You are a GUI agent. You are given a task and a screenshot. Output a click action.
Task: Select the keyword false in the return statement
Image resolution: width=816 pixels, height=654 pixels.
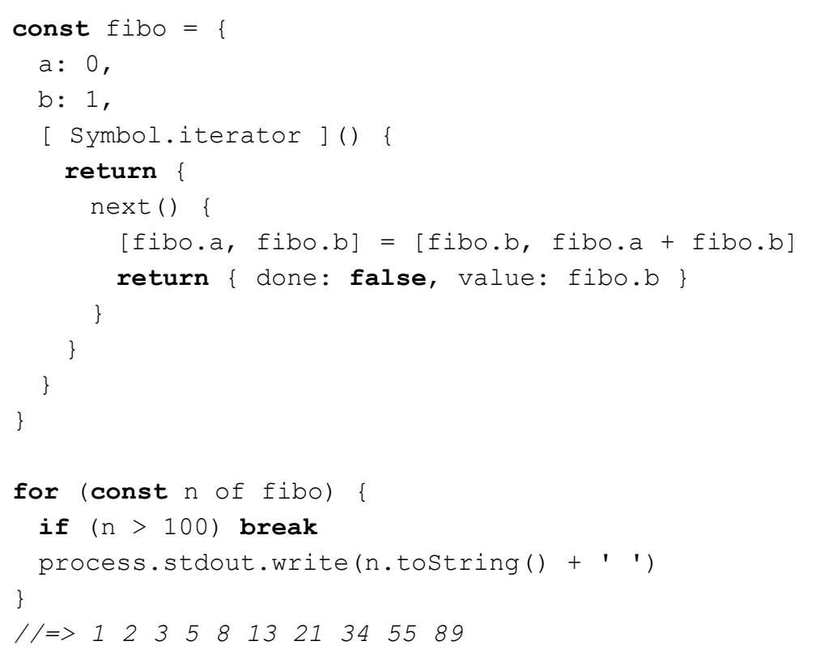[387, 278]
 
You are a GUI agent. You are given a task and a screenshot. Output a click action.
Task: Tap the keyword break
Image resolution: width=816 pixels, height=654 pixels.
[278, 528]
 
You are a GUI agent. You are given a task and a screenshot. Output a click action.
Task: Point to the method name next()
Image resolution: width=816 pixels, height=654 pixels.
[133, 207]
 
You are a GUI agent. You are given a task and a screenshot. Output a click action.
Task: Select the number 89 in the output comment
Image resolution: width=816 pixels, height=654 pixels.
[448, 634]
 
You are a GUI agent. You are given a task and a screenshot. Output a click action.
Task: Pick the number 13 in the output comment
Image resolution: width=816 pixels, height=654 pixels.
[262, 634]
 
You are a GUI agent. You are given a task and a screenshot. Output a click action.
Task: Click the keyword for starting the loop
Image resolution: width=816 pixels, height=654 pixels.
[36, 492]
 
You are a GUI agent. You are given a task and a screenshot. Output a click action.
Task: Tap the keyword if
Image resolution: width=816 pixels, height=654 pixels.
[53, 528]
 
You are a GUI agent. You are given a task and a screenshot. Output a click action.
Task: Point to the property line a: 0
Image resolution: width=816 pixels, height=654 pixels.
[74, 64]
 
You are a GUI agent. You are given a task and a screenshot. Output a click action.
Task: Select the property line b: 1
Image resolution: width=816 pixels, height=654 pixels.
[74, 100]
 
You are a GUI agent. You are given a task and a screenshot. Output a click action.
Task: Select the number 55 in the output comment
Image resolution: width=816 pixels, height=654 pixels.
[402, 634]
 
